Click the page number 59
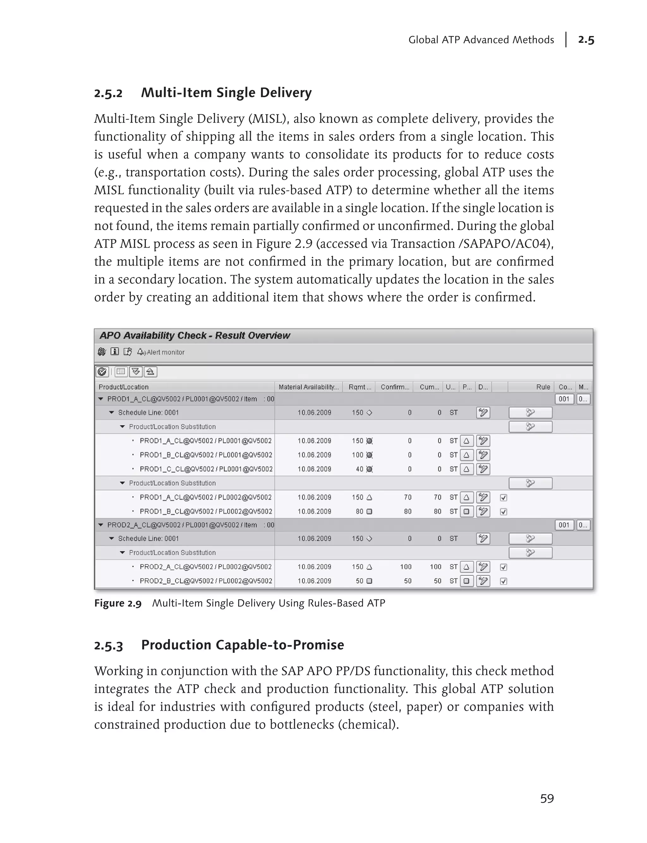(x=547, y=799)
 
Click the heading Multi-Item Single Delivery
(x=226, y=93)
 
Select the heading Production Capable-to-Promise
(x=242, y=645)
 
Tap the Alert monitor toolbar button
(x=161, y=352)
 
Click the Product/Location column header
(x=123, y=387)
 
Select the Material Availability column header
(x=308, y=387)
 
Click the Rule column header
(x=543, y=387)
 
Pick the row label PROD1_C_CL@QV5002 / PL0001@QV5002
(x=206, y=469)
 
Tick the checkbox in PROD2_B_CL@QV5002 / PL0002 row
(x=503, y=581)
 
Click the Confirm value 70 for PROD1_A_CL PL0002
(x=408, y=497)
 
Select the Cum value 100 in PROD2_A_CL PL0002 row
(x=436, y=567)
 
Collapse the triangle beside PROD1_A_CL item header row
(x=101, y=399)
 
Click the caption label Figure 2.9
(x=118, y=603)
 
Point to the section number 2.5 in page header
(x=586, y=40)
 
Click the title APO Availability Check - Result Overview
(x=195, y=335)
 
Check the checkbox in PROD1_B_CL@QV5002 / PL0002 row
(x=503, y=511)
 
